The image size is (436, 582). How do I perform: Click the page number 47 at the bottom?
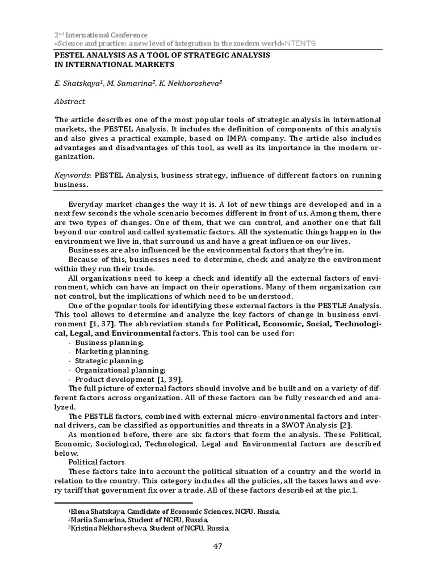[x=218, y=547]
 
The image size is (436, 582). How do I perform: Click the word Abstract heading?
[x=70, y=102]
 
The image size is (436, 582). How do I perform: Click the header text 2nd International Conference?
[x=100, y=35]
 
